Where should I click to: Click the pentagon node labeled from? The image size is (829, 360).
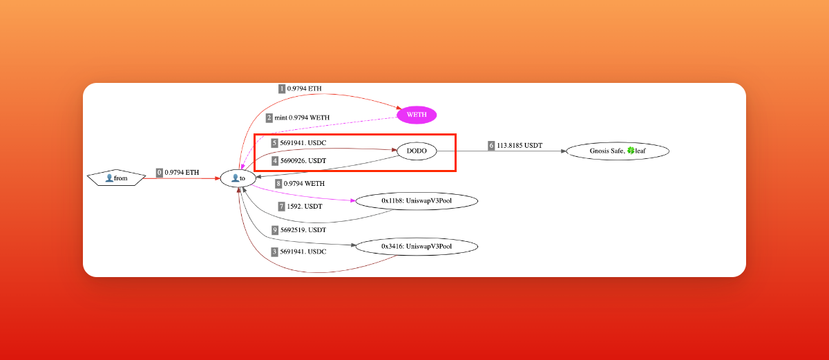pyautogui.click(x=116, y=178)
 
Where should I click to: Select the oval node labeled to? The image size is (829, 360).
pyautogui.click(x=238, y=178)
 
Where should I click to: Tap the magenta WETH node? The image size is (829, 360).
pyautogui.click(x=417, y=114)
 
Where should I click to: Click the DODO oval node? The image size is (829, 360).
pyautogui.click(x=417, y=151)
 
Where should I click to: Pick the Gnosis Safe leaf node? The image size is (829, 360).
pyautogui.click(x=618, y=151)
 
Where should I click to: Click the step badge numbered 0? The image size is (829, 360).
pyautogui.click(x=160, y=172)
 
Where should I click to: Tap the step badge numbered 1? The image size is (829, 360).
pyautogui.click(x=282, y=88)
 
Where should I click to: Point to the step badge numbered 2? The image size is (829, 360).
pyautogui.click(x=269, y=117)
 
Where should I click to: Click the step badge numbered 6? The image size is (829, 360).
pyautogui.click(x=492, y=145)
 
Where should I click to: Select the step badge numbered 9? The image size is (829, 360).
pyautogui.click(x=274, y=229)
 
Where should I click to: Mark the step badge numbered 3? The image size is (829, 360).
pyautogui.click(x=274, y=252)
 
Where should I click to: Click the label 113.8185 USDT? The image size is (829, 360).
pyautogui.click(x=520, y=145)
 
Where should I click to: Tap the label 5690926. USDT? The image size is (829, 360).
pyautogui.click(x=303, y=161)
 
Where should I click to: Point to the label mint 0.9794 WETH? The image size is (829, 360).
pyautogui.click(x=301, y=117)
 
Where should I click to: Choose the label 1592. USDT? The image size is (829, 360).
pyautogui.click(x=305, y=206)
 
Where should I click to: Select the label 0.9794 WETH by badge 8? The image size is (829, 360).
pyautogui.click(x=305, y=183)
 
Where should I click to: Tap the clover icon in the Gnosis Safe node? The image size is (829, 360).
pyautogui.click(x=630, y=151)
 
